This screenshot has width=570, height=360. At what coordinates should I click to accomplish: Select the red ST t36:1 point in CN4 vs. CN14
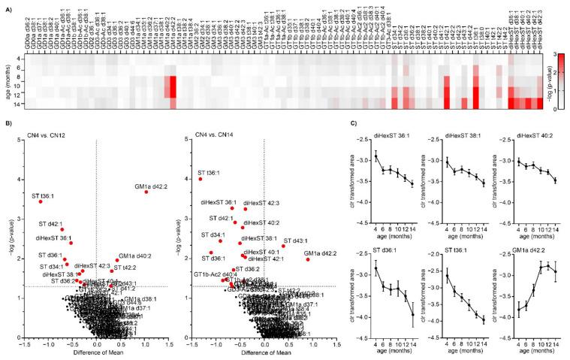[201, 179]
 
